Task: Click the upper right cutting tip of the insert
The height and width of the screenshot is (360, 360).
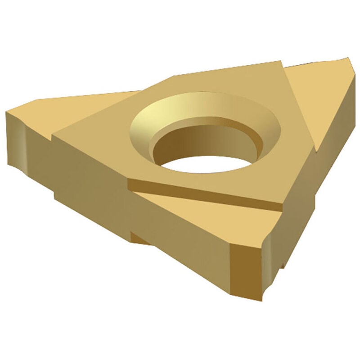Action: [349, 60]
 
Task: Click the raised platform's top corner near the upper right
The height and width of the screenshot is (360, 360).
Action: [281, 63]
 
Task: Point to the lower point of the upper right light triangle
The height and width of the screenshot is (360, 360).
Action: [318, 151]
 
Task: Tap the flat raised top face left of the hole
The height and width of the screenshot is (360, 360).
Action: [103, 135]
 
